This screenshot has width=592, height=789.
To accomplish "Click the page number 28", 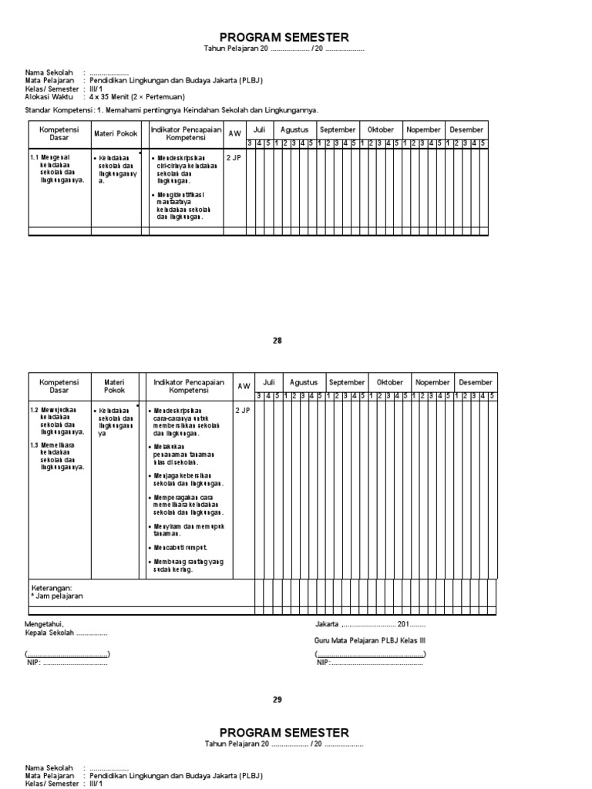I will [x=277, y=341].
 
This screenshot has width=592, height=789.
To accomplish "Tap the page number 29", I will [x=277, y=700].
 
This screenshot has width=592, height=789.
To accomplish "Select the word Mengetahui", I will [x=45, y=624].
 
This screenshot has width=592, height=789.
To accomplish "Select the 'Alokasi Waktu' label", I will [x=49, y=98].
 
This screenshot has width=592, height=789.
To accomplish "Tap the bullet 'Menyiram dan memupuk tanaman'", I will [x=185, y=530].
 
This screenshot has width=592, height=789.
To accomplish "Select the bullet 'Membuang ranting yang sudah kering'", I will [x=185, y=566].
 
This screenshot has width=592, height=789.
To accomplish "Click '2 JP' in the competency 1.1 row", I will [x=233, y=157].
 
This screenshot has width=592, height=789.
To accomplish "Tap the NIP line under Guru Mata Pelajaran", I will [x=369, y=663].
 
